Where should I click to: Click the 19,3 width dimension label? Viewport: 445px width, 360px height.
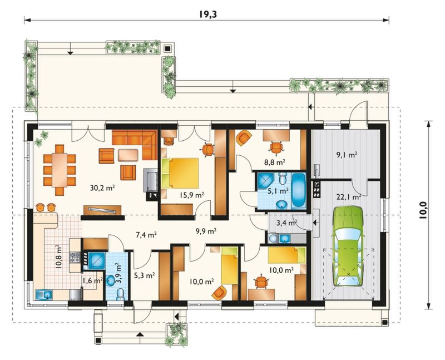tap(207, 14)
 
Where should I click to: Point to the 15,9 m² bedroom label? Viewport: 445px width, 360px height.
tap(192, 195)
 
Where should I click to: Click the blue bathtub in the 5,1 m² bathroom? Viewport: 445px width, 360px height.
tap(298, 190)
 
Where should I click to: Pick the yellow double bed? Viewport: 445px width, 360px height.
tap(180, 173)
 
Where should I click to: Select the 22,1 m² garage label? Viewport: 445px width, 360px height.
tap(349, 197)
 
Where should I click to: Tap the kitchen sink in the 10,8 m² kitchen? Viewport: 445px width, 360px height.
tap(44, 295)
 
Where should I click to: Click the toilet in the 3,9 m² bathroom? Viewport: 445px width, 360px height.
tap(121, 294)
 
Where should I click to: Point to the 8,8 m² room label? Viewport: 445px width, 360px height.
tap(274, 162)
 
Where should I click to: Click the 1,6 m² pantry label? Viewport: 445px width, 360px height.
tap(92, 281)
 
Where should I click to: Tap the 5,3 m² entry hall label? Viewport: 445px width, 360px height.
tap(145, 275)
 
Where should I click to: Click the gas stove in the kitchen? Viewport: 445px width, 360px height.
tap(75, 258)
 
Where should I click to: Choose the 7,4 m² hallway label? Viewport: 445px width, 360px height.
tap(146, 235)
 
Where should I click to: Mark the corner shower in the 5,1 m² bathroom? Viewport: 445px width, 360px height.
tap(265, 181)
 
